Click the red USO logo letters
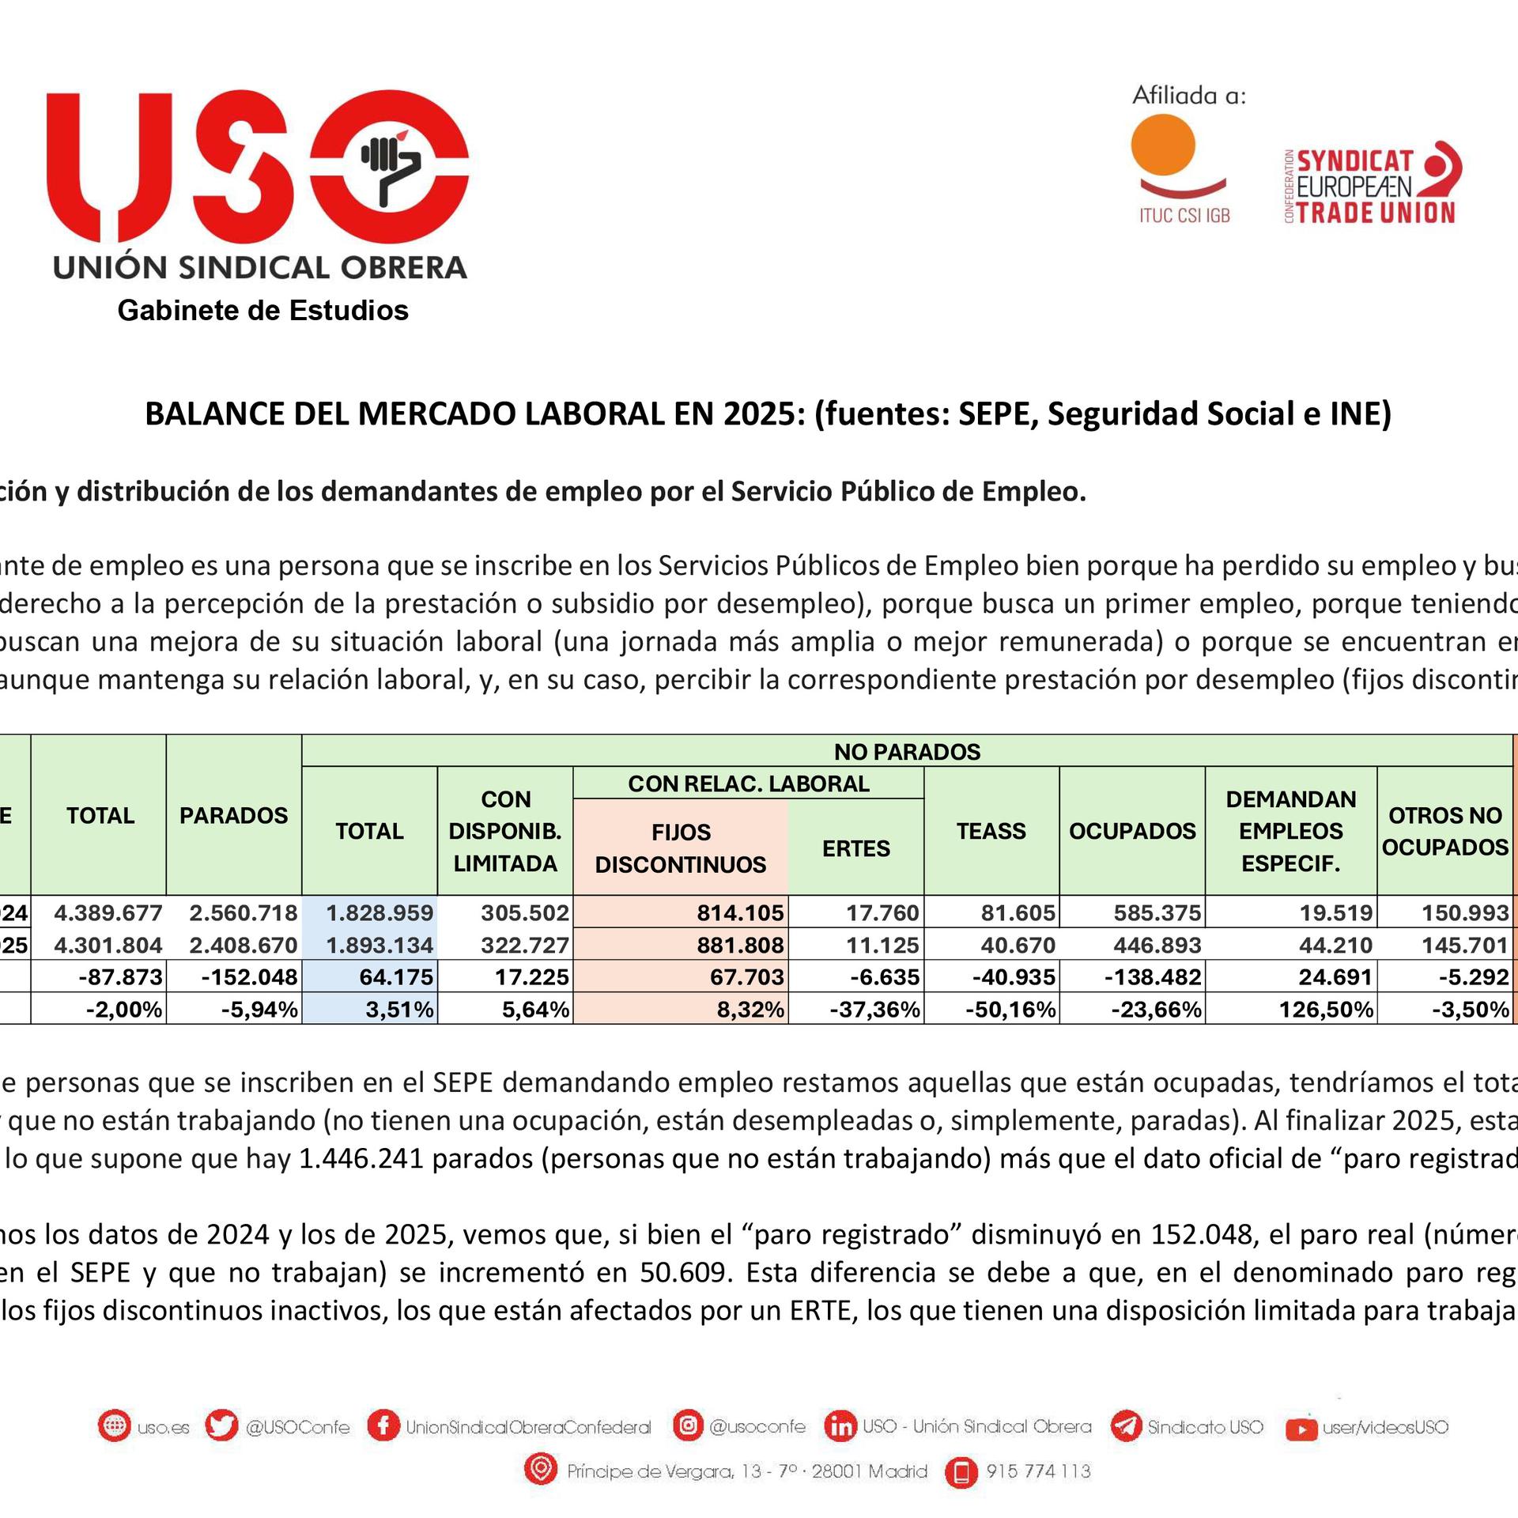coord(257,168)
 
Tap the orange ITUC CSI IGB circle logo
coord(1163,145)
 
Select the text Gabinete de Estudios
coord(262,310)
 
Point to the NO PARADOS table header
coord(907,751)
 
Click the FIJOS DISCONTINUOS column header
coord(680,848)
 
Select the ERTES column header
coord(855,848)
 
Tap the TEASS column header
coord(991,831)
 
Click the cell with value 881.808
coord(739,945)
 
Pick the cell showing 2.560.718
coord(243,912)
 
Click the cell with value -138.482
coord(1153,976)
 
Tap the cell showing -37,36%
coord(874,1009)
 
